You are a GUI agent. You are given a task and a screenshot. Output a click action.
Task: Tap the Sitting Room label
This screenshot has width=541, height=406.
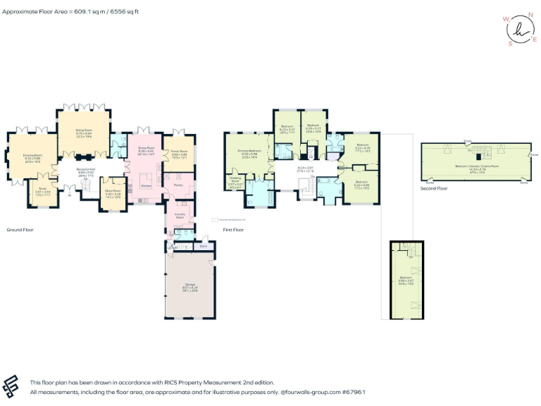tap(85, 130)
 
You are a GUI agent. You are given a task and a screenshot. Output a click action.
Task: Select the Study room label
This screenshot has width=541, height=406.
tap(42, 191)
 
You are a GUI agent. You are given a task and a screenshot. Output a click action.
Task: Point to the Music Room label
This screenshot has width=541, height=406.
tap(112, 191)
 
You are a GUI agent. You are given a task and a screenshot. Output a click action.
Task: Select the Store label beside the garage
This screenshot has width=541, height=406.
tap(203, 246)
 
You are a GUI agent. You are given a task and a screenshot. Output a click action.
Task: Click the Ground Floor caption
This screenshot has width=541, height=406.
tap(20, 230)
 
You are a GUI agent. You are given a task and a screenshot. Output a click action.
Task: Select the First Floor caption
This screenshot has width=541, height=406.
tap(233, 230)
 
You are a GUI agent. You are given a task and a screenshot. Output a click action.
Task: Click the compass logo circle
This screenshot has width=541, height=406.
tap(519, 30)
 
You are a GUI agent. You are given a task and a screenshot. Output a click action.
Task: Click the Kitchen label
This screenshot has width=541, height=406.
tap(146, 186)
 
